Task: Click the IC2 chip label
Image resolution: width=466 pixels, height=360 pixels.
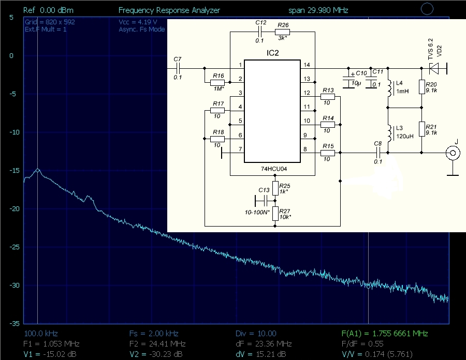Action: coord(272,53)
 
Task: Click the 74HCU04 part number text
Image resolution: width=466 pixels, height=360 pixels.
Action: coord(274,169)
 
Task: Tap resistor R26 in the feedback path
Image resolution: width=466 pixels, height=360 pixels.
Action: coord(282,32)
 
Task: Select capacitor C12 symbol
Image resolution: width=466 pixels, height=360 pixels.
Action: coord(259,32)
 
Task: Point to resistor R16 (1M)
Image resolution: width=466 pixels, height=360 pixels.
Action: coord(217,83)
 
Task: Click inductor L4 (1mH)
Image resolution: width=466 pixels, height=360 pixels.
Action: coord(389,88)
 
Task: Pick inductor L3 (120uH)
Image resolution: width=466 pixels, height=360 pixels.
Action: coord(389,133)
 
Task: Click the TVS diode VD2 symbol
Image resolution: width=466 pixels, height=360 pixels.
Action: coord(434,68)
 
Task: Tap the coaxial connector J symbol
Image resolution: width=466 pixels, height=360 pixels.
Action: coord(453,153)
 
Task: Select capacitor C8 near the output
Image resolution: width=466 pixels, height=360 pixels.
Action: coord(378,153)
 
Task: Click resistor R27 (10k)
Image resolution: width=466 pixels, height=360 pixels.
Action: coord(275,214)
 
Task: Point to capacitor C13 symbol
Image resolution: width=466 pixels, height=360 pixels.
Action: coord(264,201)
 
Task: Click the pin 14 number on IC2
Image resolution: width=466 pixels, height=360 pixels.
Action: coord(307,65)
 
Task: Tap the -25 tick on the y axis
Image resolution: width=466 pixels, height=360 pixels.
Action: coord(14,247)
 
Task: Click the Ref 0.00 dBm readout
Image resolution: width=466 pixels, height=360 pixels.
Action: coord(49,10)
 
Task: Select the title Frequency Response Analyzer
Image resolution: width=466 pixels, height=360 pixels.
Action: coord(169,10)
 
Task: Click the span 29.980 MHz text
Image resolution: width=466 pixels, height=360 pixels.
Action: coord(318,10)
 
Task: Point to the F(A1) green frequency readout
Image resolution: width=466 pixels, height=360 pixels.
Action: coord(385,334)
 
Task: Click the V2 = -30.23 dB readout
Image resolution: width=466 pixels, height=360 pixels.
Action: coord(156,354)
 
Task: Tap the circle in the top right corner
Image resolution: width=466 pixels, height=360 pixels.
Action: coord(427,9)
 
